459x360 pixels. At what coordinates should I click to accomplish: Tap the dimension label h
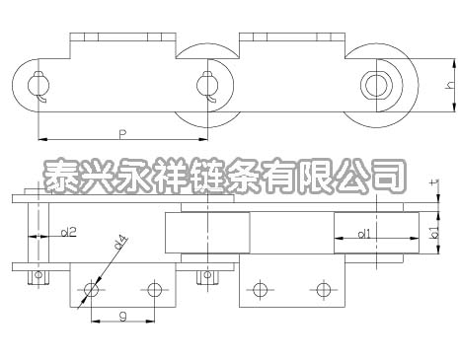[x=449, y=86]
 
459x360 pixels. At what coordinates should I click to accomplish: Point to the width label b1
[x=435, y=233]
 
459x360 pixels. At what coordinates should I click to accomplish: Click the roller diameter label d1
[x=364, y=234]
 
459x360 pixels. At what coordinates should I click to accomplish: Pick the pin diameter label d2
[x=68, y=233]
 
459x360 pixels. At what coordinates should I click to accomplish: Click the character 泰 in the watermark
[x=68, y=176]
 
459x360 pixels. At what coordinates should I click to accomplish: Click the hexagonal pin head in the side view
[x=375, y=84]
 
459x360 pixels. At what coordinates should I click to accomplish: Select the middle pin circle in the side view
[x=206, y=84]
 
